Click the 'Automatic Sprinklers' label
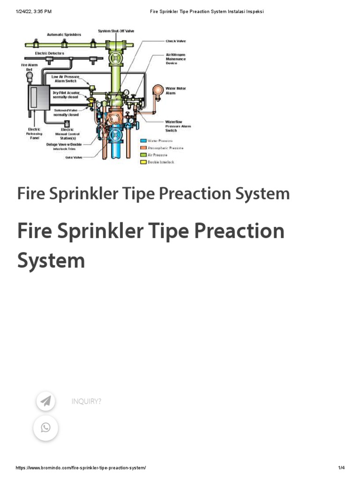point(64,35)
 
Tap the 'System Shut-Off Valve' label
point(116,31)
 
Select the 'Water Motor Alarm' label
point(173,90)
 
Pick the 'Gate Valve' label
point(74,157)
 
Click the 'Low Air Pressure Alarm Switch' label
point(65,79)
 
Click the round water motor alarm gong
point(158,90)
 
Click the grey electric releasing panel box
point(38,97)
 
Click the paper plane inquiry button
point(45,401)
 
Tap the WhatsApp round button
point(45,427)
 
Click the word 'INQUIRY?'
point(86,401)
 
